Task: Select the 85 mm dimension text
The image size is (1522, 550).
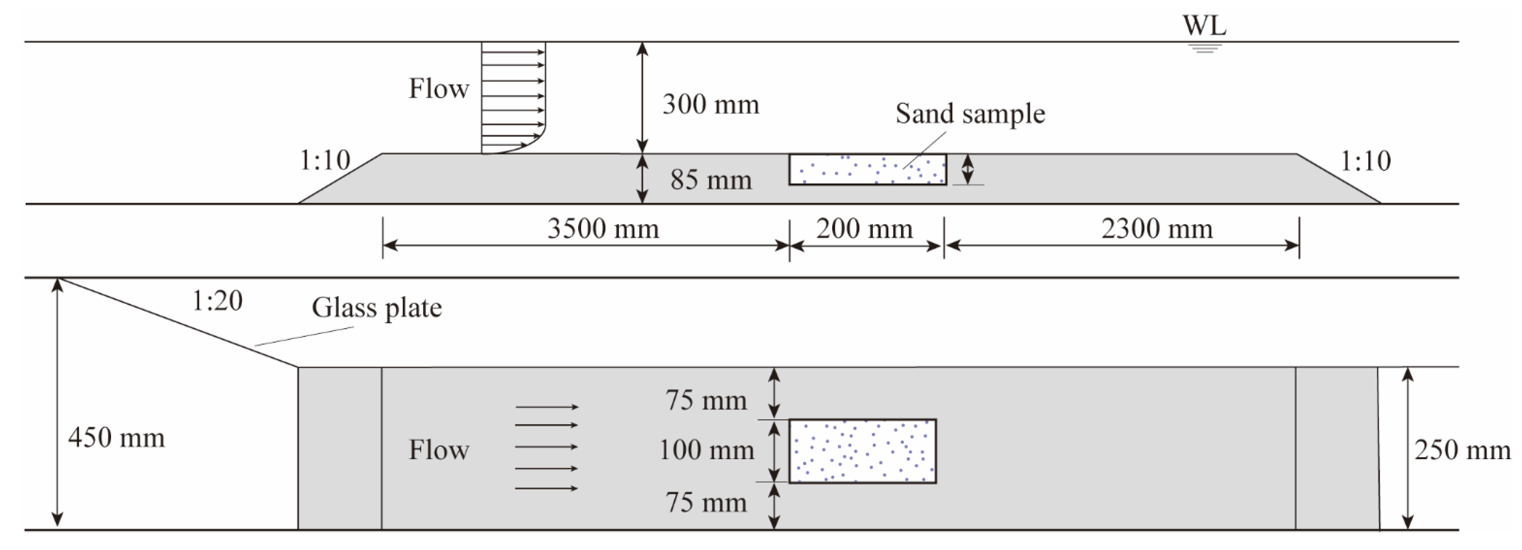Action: tap(711, 180)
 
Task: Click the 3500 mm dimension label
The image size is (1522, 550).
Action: tap(603, 229)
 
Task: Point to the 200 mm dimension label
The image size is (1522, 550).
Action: tap(865, 229)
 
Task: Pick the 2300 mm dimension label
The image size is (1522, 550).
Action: tap(1157, 229)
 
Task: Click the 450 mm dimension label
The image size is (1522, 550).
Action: tap(116, 438)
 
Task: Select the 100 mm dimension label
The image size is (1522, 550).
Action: tap(707, 450)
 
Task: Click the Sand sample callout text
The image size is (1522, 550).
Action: tap(970, 113)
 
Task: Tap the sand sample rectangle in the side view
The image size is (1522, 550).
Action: tap(867, 170)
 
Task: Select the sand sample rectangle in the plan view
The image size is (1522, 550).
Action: tap(863, 451)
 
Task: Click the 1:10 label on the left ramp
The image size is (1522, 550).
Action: tap(325, 160)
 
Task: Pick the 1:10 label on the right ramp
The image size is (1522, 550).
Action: tap(1365, 161)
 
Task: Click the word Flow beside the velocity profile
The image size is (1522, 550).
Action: tap(439, 89)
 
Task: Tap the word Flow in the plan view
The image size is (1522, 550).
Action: tap(439, 450)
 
